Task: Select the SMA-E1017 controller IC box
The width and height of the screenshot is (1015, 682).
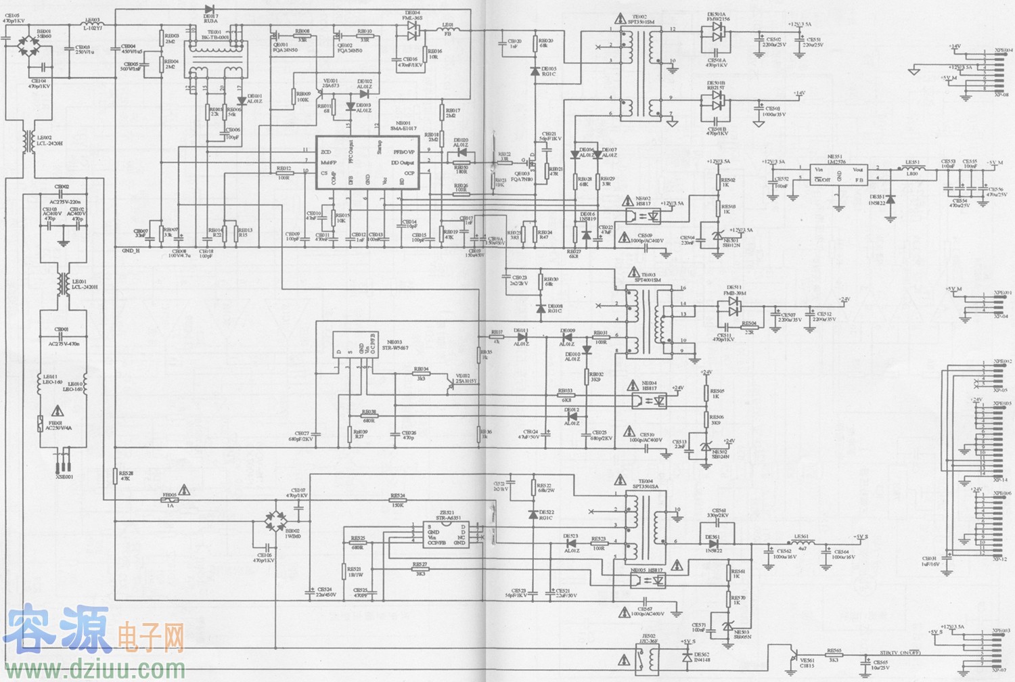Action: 366,162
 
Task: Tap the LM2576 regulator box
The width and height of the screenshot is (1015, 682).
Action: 839,175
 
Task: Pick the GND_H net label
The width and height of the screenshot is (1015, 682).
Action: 131,250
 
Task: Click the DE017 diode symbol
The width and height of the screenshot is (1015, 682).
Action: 209,9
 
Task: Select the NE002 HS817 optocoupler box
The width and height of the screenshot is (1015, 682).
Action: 646,217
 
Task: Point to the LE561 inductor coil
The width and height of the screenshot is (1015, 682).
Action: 801,543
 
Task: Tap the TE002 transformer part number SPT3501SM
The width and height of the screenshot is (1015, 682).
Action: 641,22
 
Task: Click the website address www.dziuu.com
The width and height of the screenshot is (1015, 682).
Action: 94,669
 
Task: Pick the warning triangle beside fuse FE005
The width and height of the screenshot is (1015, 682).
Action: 185,489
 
